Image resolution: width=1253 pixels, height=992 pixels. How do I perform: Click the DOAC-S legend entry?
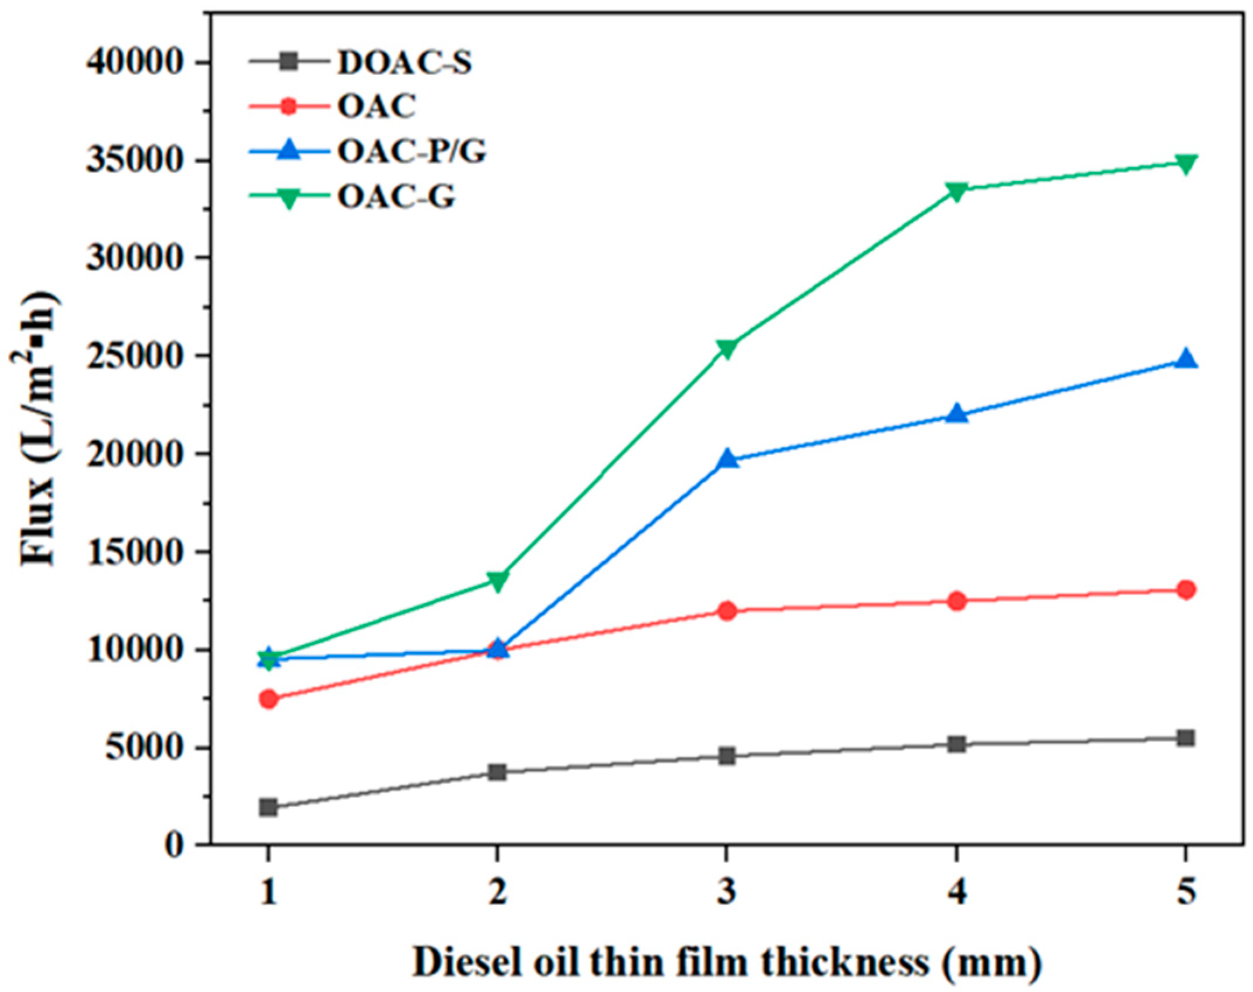404,62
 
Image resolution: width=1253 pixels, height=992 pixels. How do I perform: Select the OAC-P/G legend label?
411,153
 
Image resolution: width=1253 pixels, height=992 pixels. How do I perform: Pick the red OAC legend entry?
376,107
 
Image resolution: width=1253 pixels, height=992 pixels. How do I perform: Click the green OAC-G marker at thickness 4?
956,191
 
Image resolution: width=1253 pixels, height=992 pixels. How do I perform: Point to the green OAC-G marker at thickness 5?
1185,163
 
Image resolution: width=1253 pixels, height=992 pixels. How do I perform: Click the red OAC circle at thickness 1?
269,699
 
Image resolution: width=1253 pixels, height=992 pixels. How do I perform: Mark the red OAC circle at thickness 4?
956,601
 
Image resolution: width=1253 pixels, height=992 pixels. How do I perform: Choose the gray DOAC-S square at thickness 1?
269,807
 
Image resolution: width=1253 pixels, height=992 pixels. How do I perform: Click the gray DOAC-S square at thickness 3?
727,757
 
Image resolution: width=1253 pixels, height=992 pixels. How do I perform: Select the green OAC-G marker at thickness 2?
497,581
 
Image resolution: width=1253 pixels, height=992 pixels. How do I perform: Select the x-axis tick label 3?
727,892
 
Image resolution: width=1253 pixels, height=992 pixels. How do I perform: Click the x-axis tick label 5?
1185,892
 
